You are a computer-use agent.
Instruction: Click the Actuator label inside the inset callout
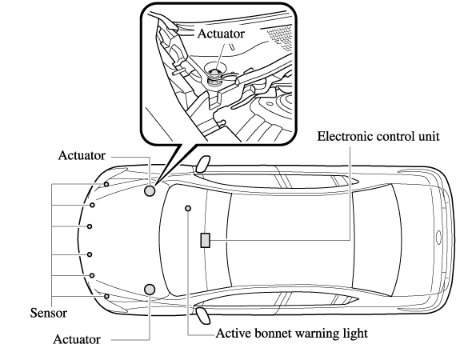pyautogui.click(x=221, y=34)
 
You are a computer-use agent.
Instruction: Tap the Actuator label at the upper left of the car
pyautogui.click(x=82, y=155)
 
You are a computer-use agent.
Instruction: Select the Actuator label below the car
pyautogui.click(x=77, y=339)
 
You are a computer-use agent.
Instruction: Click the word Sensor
pyautogui.click(x=49, y=313)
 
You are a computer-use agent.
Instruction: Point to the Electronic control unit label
pyautogui.click(x=378, y=136)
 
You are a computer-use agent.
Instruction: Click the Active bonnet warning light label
pyautogui.click(x=292, y=334)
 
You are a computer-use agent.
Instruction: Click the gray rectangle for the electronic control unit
pyautogui.click(x=206, y=241)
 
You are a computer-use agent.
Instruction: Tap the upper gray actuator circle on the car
pyautogui.click(x=150, y=190)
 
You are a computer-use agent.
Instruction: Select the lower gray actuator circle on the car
pyautogui.click(x=150, y=289)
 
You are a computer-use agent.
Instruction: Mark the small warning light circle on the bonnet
pyautogui.click(x=188, y=208)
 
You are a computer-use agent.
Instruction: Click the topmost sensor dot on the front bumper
pyautogui.click(x=106, y=184)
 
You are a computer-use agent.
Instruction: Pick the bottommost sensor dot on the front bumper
pyautogui.click(x=106, y=296)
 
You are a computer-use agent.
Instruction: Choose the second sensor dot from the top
pyautogui.click(x=92, y=205)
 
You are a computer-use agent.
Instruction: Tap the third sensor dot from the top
pyautogui.click(x=90, y=226)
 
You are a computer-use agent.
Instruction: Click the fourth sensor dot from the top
pyautogui.click(x=90, y=254)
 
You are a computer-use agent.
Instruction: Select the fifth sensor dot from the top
pyautogui.click(x=92, y=275)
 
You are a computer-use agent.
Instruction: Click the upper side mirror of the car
pyautogui.click(x=203, y=164)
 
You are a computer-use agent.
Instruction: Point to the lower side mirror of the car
pyautogui.click(x=203, y=316)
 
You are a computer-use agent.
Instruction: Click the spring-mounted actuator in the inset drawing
pyautogui.click(x=215, y=76)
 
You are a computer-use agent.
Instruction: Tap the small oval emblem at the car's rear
pyautogui.click(x=439, y=238)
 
